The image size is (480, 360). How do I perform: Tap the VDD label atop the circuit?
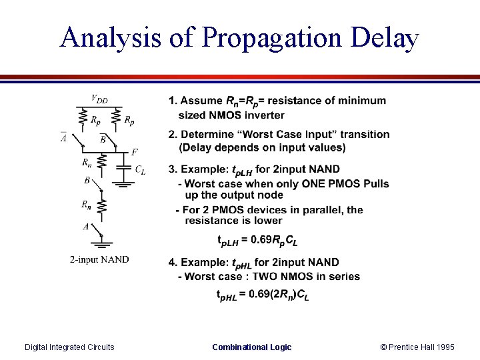99,100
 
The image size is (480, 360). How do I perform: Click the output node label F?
135,152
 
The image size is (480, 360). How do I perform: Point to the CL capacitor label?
140,170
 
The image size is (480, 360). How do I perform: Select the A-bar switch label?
64,138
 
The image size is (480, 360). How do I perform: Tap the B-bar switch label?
103,139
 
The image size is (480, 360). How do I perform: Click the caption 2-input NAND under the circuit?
99,259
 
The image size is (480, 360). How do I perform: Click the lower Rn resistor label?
87,205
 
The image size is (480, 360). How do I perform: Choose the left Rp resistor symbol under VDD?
83,118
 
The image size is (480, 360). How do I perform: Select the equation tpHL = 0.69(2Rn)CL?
263,294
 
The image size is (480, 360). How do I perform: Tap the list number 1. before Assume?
173,101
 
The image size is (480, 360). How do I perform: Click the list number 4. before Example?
173,263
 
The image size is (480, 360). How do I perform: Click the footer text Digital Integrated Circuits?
69,347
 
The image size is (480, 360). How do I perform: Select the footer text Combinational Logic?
251,347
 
